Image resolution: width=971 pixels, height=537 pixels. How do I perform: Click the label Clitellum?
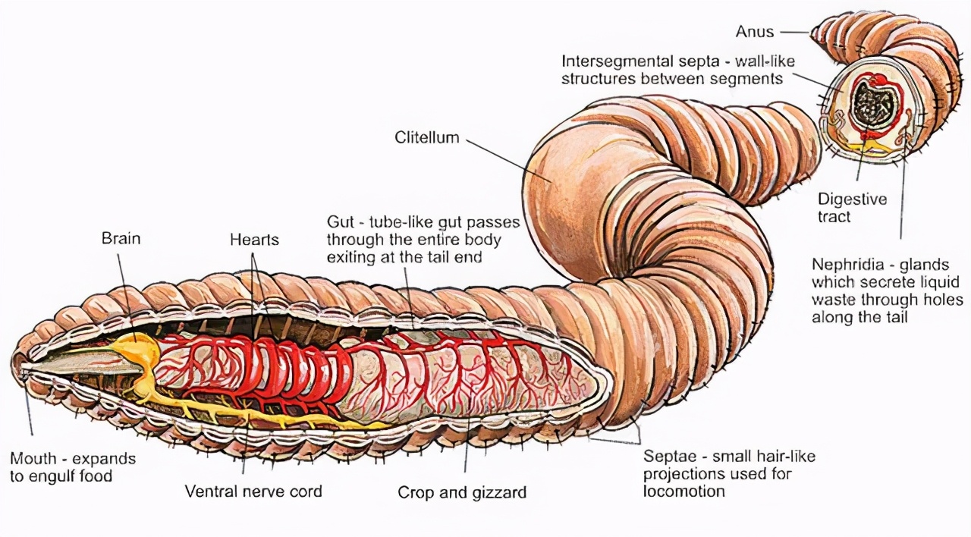427,138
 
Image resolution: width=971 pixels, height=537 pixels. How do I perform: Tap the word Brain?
121,239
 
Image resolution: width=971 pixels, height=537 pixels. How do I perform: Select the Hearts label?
254,240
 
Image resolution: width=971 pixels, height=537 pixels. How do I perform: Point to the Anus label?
754,32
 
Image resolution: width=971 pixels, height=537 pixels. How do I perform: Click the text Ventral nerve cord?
253,491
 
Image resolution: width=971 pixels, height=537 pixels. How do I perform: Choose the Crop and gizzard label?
462,493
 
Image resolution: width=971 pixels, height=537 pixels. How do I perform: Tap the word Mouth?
33,459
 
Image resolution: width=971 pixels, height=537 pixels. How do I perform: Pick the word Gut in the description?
340,223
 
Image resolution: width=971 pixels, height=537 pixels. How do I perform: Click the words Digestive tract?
851,208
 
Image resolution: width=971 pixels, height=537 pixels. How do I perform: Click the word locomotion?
683,491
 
